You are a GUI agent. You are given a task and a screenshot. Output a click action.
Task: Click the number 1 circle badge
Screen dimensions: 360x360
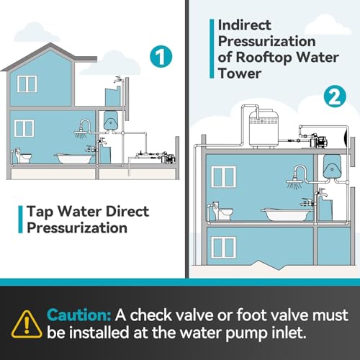pos(161,57)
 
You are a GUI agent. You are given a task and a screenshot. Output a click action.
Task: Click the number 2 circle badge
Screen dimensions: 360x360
pos(335,96)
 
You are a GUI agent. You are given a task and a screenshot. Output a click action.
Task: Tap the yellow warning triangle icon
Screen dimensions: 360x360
pos(27,324)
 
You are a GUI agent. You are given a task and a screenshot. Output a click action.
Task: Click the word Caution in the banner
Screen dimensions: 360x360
pos(78,315)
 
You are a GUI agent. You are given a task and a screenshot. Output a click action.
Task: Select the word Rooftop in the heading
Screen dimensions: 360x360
pos(264,58)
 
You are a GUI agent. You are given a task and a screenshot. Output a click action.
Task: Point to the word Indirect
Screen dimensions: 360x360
pos(245,25)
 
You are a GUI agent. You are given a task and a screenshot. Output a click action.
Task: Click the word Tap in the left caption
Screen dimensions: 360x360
pos(40,212)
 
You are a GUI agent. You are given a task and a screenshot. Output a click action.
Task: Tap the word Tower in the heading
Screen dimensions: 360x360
pos(240,73)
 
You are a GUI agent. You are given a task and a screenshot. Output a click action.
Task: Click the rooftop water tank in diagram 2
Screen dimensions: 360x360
pos(264,129)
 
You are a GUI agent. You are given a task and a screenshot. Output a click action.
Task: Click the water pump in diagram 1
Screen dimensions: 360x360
pos(168,158)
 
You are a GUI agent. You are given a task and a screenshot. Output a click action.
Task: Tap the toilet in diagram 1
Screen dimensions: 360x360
pos(22,156)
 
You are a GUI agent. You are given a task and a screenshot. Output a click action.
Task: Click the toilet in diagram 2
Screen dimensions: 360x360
pos(221,212)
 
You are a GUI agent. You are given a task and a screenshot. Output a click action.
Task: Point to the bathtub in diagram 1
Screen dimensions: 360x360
pos(74,158)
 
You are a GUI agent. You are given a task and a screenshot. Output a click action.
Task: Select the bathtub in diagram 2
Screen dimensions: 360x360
pos(287,215)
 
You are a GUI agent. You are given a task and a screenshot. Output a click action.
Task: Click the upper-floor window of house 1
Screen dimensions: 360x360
pos(27,84)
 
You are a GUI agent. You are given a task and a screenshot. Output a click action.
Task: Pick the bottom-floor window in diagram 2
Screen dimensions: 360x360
pos(223,248)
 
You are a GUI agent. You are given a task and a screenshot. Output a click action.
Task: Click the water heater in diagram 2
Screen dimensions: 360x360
pos(332,167)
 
